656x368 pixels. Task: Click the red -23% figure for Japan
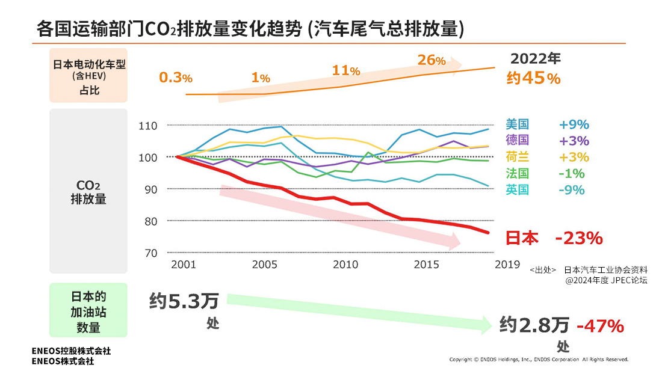tap(578, 238)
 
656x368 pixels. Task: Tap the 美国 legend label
tap(517, 124)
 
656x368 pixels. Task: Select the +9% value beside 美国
tap(574, 125)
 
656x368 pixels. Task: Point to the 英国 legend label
tap(517, 189)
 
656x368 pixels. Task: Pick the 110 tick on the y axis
tap(147, 126)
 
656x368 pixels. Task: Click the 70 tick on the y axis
tap(150, 253)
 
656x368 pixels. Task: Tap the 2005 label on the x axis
tap(264, 265)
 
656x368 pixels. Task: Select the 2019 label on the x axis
tap(507, 264)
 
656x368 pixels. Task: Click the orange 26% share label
tap(432, 60)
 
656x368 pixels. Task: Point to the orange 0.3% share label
tap(175, 78)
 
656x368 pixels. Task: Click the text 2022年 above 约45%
tap(535, 58)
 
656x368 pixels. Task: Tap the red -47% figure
tap(600, 326)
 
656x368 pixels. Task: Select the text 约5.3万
tap(184, 301)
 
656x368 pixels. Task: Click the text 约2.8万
tap(534, 326)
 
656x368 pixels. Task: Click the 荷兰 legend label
tap(517, 157)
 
